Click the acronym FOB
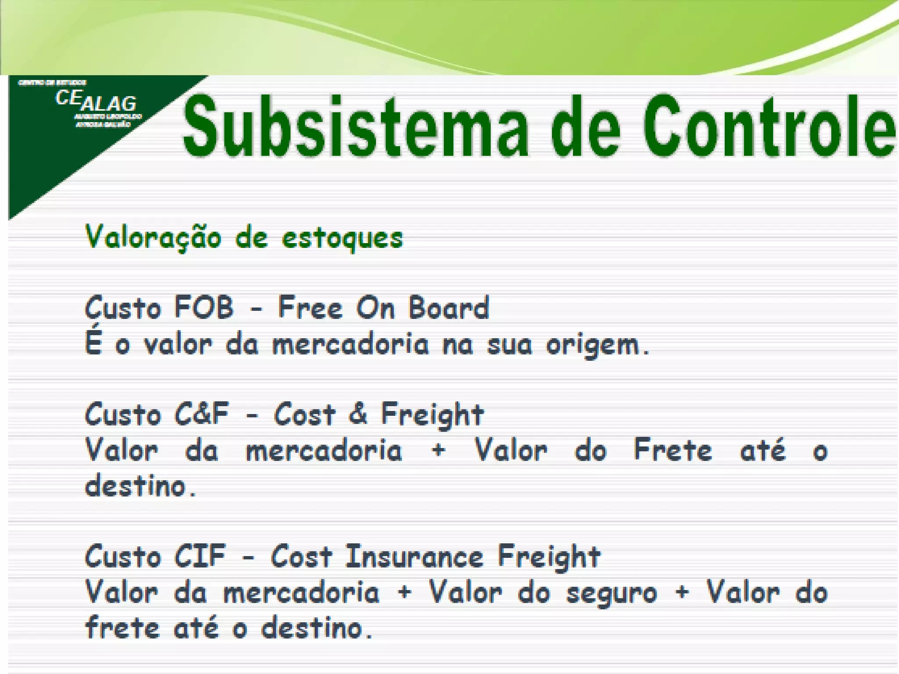(x=204, y=307)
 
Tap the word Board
(x=449, y=307)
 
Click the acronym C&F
(x=201, y=414)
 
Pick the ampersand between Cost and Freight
(x=358, y=414)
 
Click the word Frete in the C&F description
(x=672, y=450)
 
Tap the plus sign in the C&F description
(x=438, y=451)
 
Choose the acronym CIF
(x=200, y=556)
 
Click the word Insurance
(x=414, y=556)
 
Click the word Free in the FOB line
(x=310, y=307)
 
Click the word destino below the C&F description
(x=136, y=486)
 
